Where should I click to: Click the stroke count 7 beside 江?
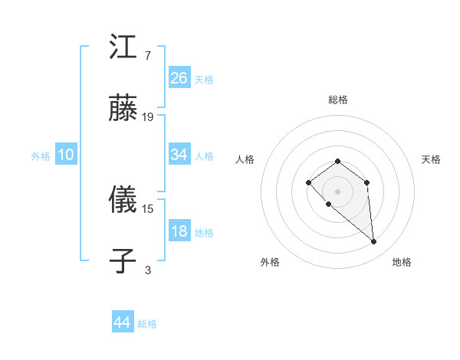[148, 56]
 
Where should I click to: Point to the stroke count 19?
[148, 117]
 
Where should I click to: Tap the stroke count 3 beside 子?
[148, 270]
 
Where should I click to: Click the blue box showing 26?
[179, 77]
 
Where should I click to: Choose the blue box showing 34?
[179, 155]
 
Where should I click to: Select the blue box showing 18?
[179, 231]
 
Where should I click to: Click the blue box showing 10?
[66, 155]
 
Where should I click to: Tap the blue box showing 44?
[123, 322]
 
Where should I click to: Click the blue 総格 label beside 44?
[147, 324]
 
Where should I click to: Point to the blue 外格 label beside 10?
[41, 155]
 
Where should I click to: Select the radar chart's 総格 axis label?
[337, 100]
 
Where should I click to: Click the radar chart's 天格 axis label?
[431, 159]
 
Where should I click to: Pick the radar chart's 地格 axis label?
[402, 262]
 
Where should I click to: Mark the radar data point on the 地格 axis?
[373, 242]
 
